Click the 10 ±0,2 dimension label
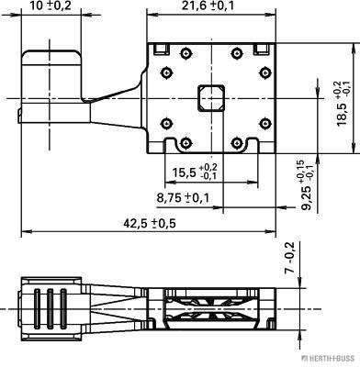(51, 6)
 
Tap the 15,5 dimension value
(195, 172)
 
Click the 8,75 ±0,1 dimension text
(183, 198)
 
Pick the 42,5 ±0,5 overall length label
(150, 224)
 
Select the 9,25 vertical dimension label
(307, 185)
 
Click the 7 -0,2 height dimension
(289, 257)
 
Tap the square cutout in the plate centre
(211, 98)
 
